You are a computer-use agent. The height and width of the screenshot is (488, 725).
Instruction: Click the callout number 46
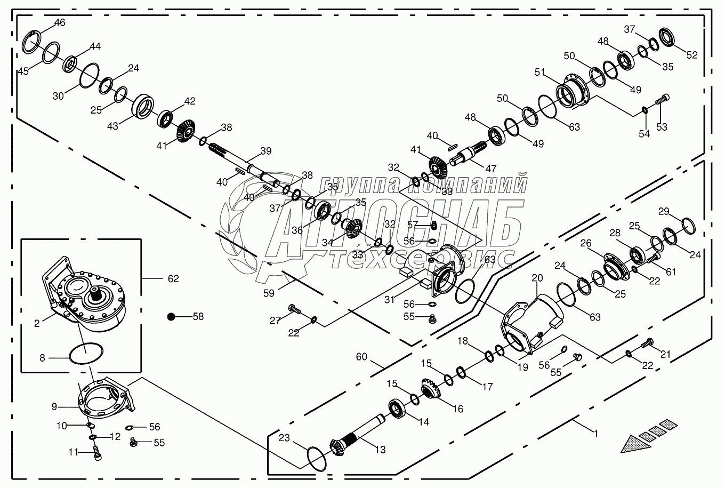(x=60, y=22)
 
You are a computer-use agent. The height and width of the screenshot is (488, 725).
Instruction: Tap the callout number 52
(x=691, y=55)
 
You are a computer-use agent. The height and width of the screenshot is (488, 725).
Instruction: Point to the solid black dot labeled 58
(x=171, y=316)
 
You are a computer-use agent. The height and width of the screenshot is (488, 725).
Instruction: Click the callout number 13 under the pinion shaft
(x=380, y=450)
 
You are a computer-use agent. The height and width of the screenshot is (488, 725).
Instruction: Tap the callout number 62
(x=173, y=278)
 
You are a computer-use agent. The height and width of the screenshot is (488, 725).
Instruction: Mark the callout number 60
(x=361, y=357)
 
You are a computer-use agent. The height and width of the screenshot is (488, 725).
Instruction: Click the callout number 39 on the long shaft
(x=265, y=151)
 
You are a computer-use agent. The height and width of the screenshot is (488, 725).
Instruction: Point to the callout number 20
(x=537, y=278)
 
